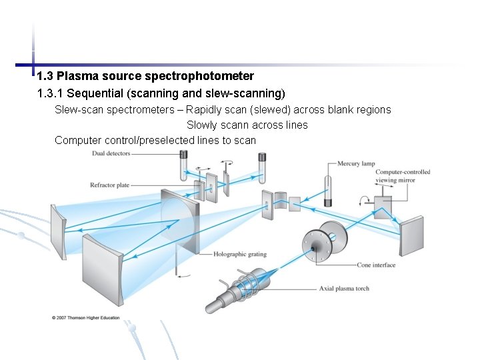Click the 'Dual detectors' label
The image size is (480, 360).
(111, 154)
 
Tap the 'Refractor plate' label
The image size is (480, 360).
(110, 185)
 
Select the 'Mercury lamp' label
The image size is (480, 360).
(357, 164)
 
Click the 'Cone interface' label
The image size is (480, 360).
(376, 265)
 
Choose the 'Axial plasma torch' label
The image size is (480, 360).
(344, 289)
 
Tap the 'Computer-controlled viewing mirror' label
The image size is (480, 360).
(403, 176)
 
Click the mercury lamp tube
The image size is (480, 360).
(327, 191)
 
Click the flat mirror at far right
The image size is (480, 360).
(411, 235)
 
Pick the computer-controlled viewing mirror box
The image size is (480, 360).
(383, 205)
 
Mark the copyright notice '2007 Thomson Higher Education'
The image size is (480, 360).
(86, 317)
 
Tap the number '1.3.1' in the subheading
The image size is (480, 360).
(51, 93)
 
